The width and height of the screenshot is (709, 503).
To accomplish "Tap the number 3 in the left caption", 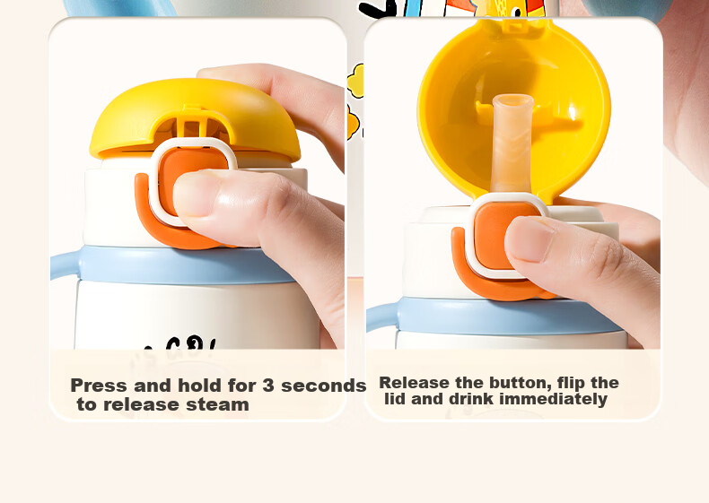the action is (268, 386).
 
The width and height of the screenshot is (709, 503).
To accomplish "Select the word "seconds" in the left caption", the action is (323, 386).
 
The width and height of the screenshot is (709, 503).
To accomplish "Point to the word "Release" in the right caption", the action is (415, 383).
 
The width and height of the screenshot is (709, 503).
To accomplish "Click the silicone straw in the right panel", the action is (512, 143).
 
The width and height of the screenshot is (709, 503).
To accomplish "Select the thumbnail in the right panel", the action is (530, 238).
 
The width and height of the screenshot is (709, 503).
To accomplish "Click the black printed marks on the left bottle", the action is (180, 343).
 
